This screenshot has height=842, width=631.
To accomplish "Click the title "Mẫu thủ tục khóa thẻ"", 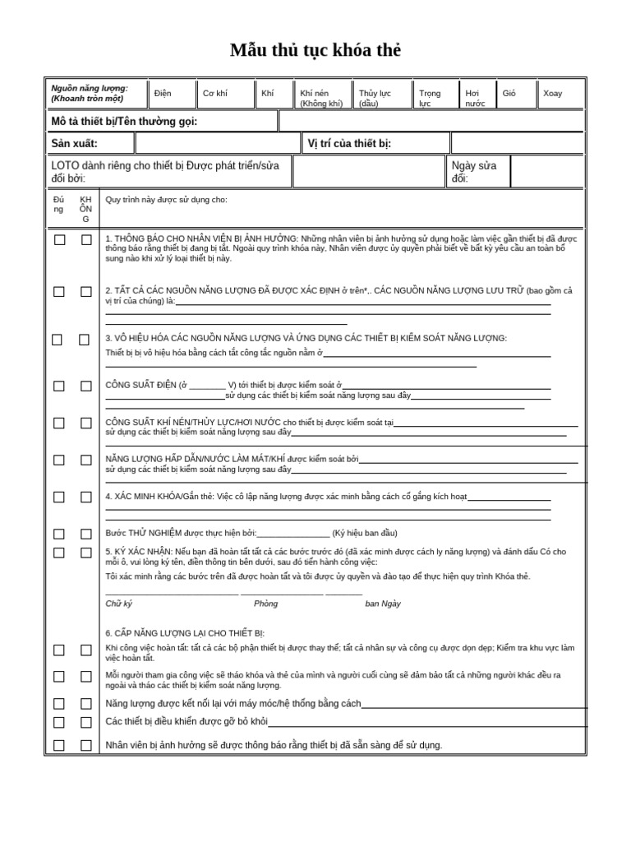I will pyautogui.click(x=315, y=50).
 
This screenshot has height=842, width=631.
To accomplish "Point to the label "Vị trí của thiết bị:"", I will pyautogui.click(x=349, y=144).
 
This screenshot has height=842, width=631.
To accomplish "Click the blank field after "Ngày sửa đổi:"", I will pyautogui.click(x=546, y=172).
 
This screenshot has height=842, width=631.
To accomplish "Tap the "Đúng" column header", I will pyautogui.click(x=58, y=205).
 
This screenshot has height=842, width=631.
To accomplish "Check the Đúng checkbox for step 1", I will pyautogui.click(x=59, y=240).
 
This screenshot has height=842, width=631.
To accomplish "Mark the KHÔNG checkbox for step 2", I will pyautogui.click(x=86, y=292).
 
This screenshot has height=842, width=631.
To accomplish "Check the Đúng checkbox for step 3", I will pyautogui.click(x=58, y=340).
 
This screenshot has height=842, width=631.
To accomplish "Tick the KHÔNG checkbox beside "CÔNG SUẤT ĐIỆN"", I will pyautogui.click(x=86, y=386).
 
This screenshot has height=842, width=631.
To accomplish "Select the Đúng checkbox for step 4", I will pyautogui.click(x=59, y=497).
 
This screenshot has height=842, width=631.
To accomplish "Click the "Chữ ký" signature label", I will pyautogui.click(x=119, y=604).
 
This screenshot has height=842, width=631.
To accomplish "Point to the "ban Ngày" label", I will pyautogui.click(x=383, y=604).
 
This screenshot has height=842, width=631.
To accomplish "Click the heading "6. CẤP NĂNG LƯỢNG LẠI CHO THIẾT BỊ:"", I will pyautogui.click(x=185, y=633).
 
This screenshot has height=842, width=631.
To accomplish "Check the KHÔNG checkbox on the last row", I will pyautogui.click(x=86, y=746).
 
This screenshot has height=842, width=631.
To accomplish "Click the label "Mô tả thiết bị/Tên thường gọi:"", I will pyautogui.click(x=124, y=122).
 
